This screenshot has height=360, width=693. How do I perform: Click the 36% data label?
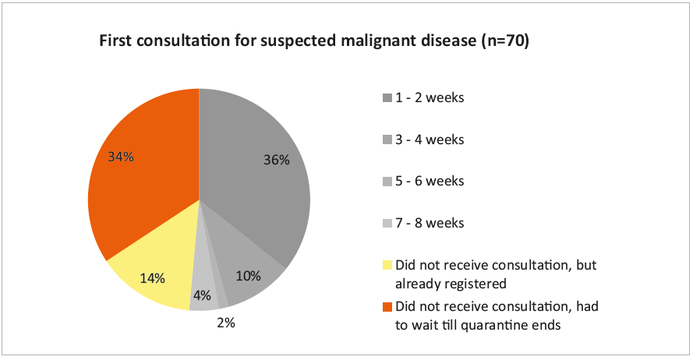(x=278, y=161)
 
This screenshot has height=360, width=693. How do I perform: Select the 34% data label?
(x=122, y=157)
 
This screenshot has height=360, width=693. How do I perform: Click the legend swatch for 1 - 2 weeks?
(x=387, y=98)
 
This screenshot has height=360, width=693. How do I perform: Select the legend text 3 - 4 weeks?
(x=430, y=139)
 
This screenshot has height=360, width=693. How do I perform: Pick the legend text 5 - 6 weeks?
(x=430, y=181)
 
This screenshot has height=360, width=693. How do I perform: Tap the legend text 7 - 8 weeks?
(x=430, y=223)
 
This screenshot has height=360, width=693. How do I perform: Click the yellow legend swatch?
(x=387, y=264)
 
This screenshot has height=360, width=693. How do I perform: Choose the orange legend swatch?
(x=387, y=306)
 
